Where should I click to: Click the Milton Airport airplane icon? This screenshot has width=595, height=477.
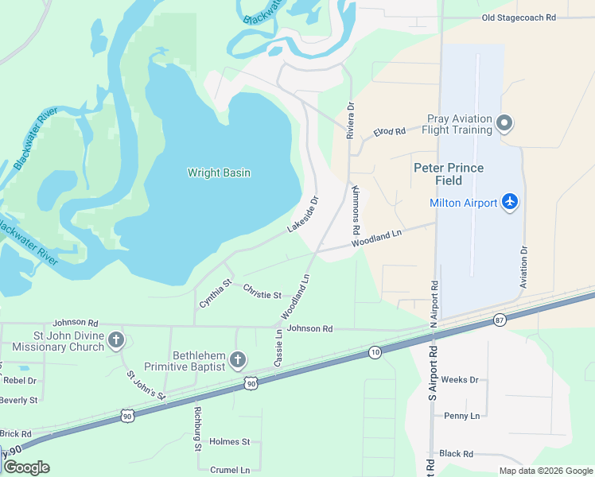pos(510,202)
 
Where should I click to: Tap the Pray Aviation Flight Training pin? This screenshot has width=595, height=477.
pos(504,123)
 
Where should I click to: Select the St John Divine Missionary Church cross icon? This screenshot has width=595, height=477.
pos(115,340)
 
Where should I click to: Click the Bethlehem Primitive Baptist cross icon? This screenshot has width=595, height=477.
pos(236,361)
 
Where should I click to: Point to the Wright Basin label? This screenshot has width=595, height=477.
pos(219,173)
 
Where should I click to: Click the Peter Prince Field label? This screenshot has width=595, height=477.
pos(449,174)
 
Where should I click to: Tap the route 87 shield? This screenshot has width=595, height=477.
pos(499,320)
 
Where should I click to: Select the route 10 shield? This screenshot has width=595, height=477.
pos(375,351)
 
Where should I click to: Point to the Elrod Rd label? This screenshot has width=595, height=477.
pos(390,131)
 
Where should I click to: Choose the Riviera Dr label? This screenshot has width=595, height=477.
pos(350,120)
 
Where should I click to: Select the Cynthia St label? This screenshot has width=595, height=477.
pos(216,293)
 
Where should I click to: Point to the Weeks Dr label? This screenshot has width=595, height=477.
pos(460,380)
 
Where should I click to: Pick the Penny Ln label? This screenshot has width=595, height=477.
pos(462,416)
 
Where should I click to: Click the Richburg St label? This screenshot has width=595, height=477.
pos(196,429)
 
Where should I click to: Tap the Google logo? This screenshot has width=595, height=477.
pos(26,467)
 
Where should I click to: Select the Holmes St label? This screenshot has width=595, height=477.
pos(230,442)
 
